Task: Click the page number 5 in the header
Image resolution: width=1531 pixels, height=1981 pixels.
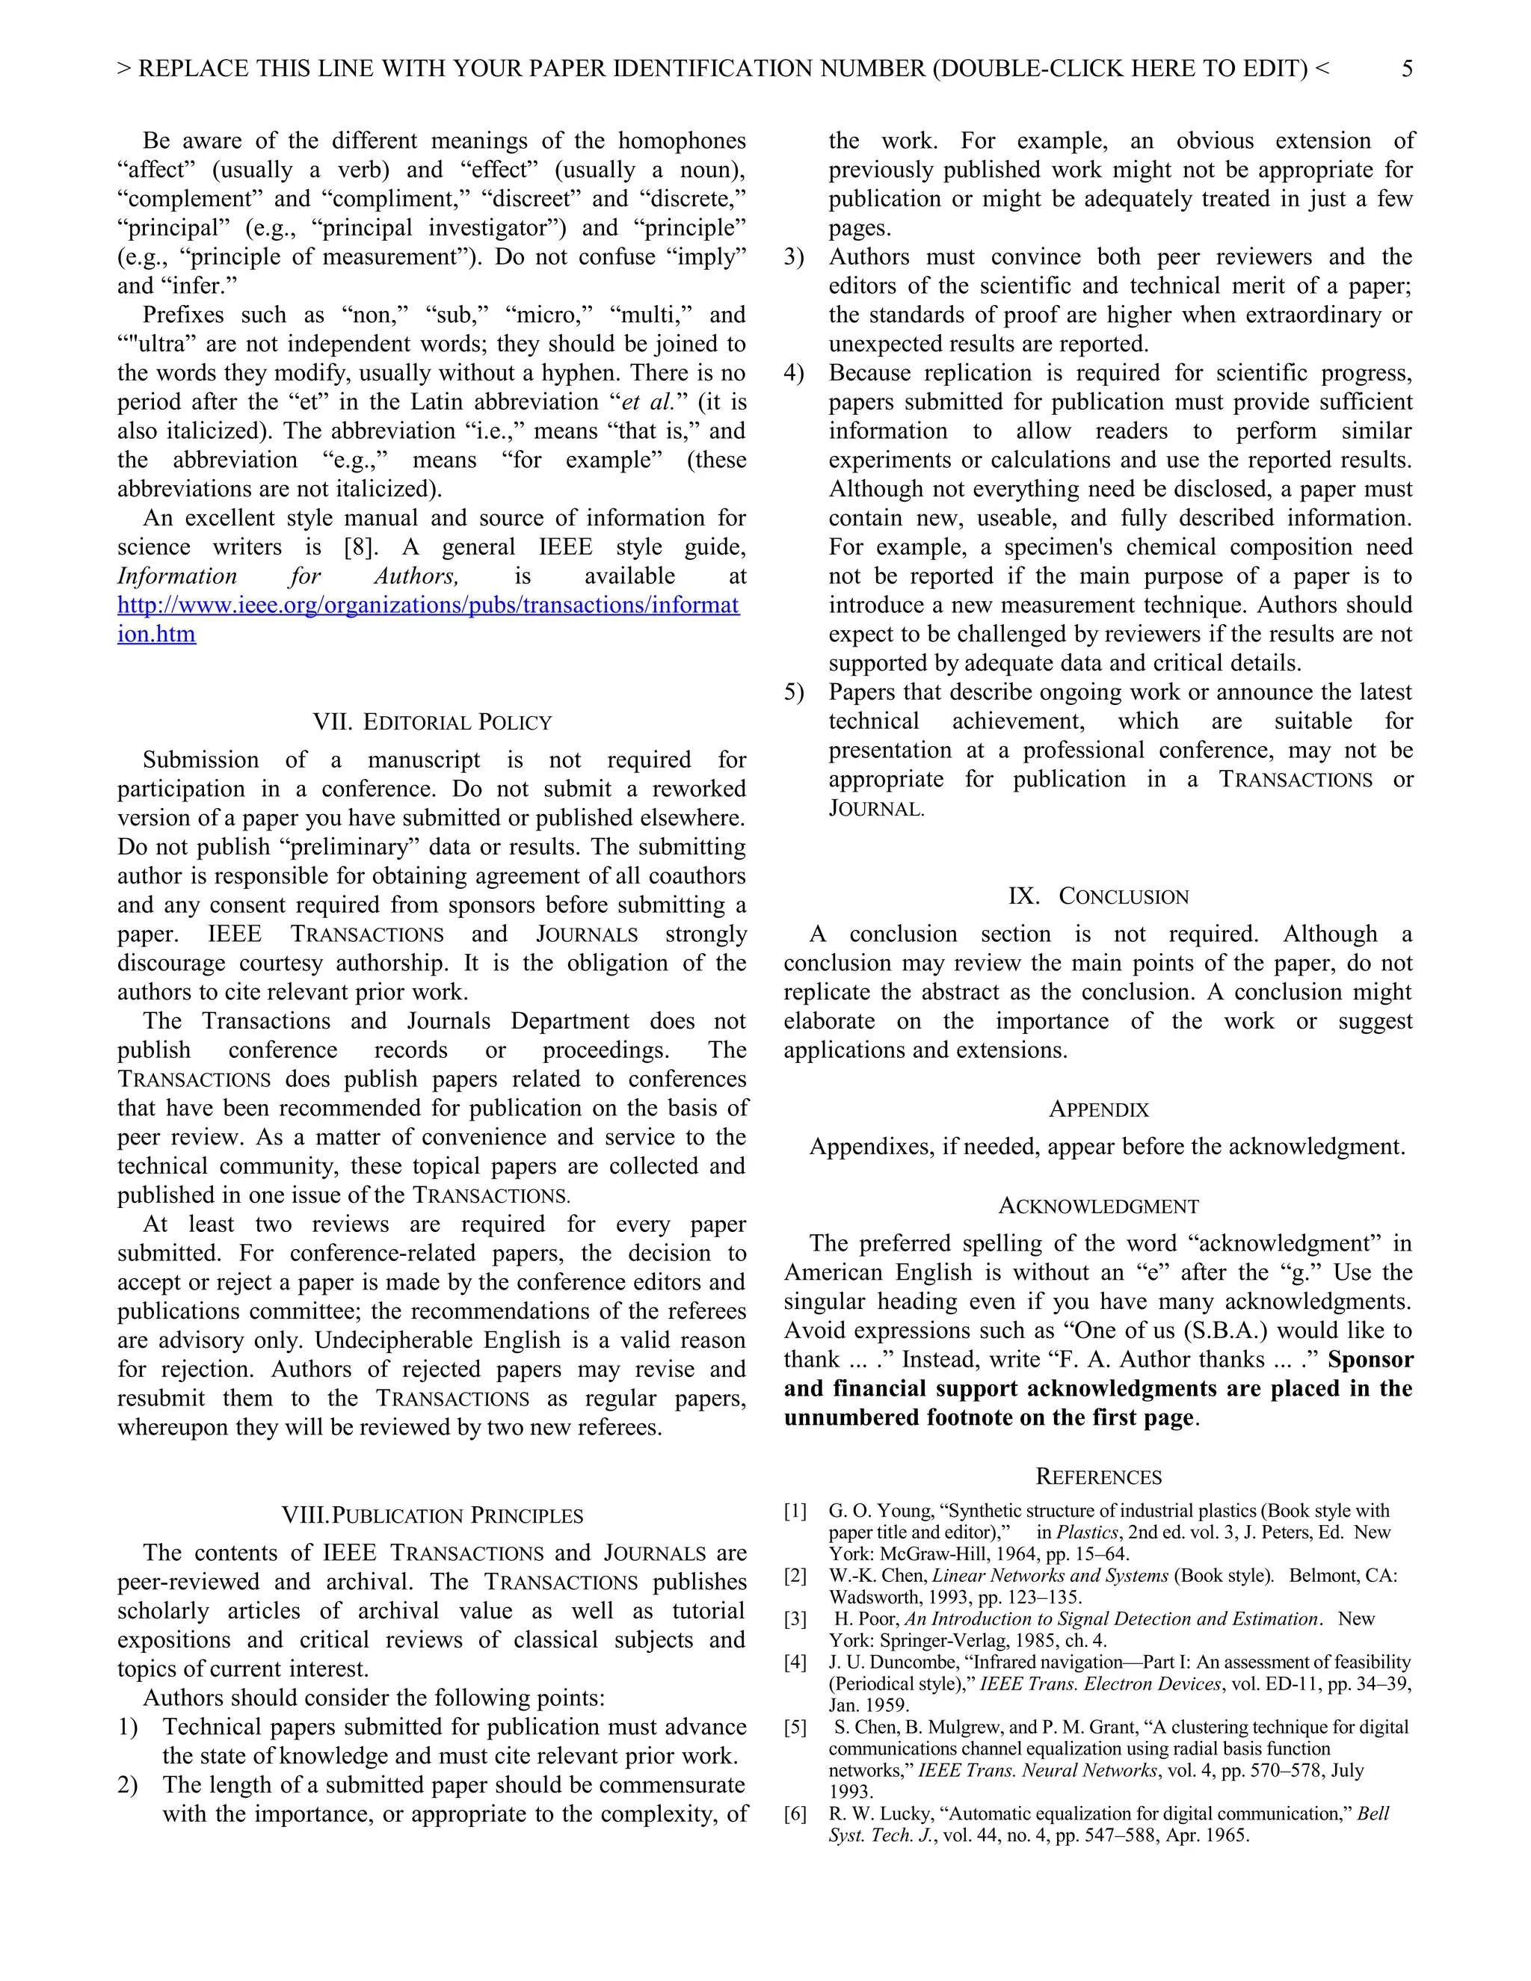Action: click(x=1406, y=69)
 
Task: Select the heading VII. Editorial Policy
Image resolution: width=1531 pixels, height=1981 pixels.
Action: click(x=432, y=722)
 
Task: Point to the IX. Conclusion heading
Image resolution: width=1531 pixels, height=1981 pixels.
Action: click(x=1097, y=896)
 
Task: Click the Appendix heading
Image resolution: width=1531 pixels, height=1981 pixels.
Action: click(x=1098, y=1109)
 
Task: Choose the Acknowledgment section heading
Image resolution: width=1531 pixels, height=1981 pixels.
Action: click(x=1098, y=1206)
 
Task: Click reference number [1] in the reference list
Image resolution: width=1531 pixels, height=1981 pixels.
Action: click(x=795, y=1511)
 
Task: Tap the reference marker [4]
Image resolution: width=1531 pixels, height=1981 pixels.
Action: click(x=795, y=1663)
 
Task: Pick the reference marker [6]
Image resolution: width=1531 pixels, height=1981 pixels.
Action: click(x=795, y=1814)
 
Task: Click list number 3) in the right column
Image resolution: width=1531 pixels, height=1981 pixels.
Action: click(x=794, y=256)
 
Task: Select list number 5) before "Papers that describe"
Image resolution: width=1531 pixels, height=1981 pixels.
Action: click(x=794, y=692)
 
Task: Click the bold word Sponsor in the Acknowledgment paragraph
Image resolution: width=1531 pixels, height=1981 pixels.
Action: click(x=1370, y=1360)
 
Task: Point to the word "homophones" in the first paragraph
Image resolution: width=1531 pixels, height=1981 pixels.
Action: click(x=682, y=141)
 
